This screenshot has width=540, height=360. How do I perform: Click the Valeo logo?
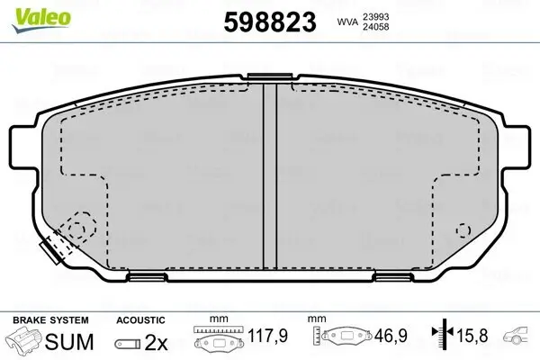pyautogui.click(x=41, y=20)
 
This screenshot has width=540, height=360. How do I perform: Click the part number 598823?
pyautogui.click(x=270, y=22)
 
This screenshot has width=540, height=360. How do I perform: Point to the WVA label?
pyautogui.click(x=347, y=22)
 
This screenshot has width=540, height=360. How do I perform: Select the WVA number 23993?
pyautogui.click(x=375, y=16)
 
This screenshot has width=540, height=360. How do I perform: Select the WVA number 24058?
pyautogui.click(x=375, y=26)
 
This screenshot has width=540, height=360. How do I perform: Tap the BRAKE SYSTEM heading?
pyautogui.click(x=50, y=320)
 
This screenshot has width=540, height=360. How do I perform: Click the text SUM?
pyautogui.click(x=69, y=341)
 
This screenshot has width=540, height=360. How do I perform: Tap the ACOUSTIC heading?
pyautogui.click(x=140, y=320)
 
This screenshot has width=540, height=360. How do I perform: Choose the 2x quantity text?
pyautogui.click(x=156, y=342)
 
